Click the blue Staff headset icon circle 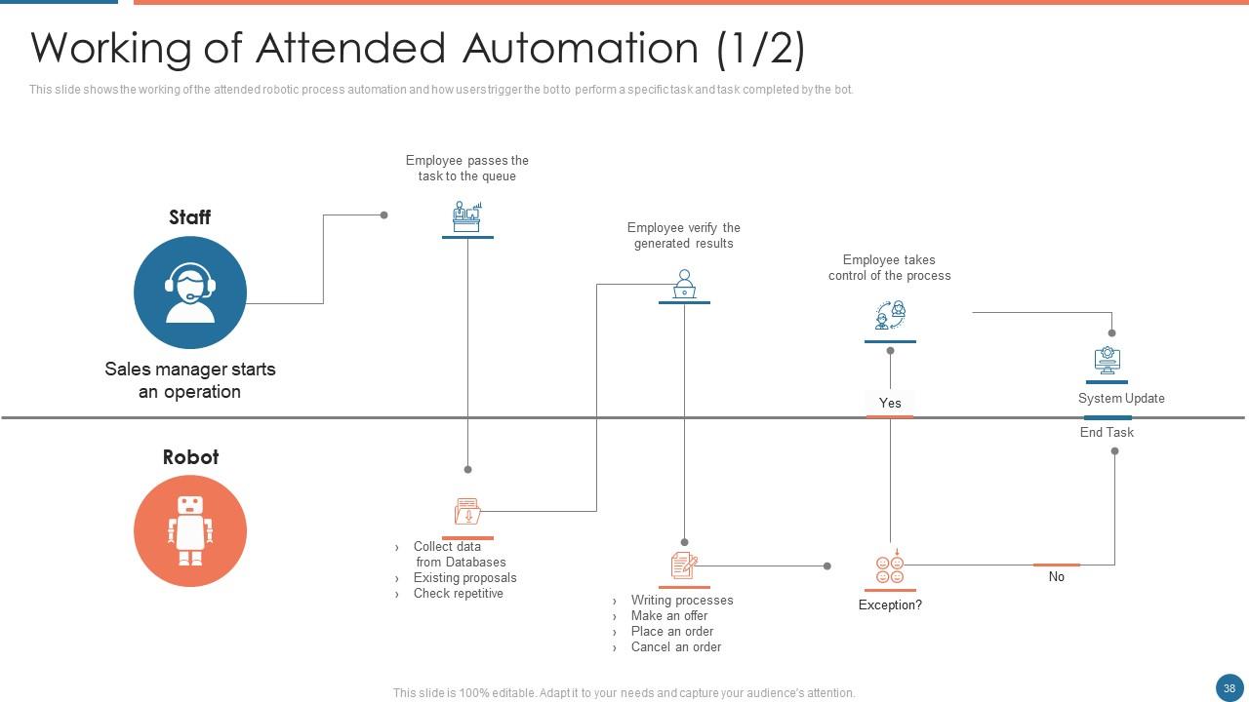[190, 292]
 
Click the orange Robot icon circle [190, 531]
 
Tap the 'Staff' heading [189, 217]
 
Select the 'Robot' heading [190, 457]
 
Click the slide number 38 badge [1229, 686]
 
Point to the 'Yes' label [890, 403]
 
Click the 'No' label [1057, 577]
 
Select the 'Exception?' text [890, 605]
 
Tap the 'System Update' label [1121, 399]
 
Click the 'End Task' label [1107, 433]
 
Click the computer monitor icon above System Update [1107, 361]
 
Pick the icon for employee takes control [890, 316]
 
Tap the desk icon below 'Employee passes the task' [467, 216]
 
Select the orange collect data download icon [467, 511]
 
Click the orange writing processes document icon [684, 565]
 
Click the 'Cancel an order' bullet [675, 647]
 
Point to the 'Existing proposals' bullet [464, 578]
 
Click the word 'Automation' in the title [580, 48]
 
